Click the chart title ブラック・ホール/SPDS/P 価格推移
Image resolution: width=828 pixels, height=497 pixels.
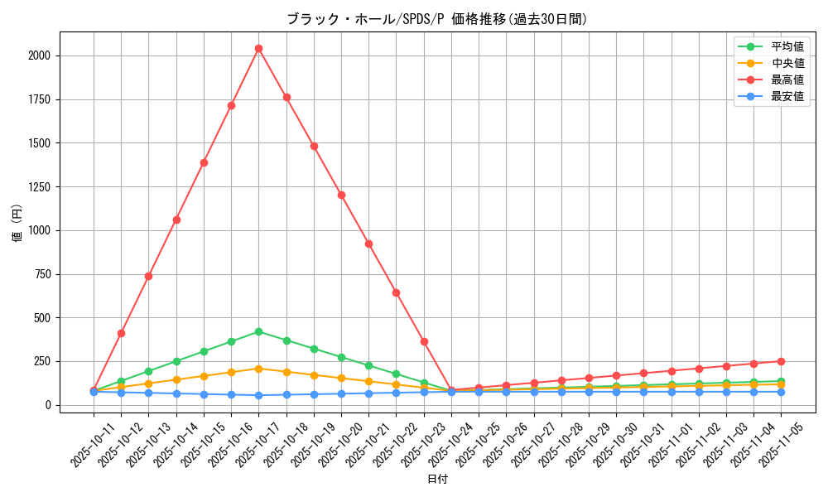pyautogui.click(x=436, y=19)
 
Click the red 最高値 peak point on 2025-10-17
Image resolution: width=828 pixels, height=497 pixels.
pyautogui.click(x=258, y=48)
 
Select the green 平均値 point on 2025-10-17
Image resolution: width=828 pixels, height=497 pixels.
pyautogui.click(x=258, y=331)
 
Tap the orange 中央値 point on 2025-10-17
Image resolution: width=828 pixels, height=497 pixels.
pyautogui.click(x=258, y=369)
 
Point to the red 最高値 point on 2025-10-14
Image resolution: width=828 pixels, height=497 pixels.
pyautogui.click(x=176, y=220)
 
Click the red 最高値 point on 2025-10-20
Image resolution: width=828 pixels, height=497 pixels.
pyautogui.click(x=341, y=195)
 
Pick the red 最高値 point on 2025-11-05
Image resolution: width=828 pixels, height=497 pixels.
pyautogui.click(x=781, y=361)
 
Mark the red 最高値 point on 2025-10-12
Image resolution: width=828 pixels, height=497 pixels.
pyautogui.click(x=121, y=333)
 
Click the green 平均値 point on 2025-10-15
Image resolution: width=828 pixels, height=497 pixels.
pyautogui.click(x=204, y=351)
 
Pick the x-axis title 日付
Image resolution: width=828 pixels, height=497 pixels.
pyautogui.click(x=437, y=480)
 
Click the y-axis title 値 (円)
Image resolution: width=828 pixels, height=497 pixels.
pyautogui.click(x=17, y=224)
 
